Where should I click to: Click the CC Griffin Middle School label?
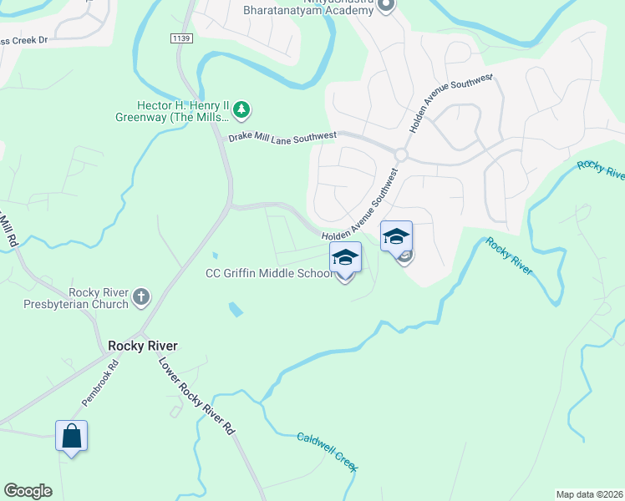(270, 274)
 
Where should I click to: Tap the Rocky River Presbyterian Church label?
(88, 298)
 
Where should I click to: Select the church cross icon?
(141, 296)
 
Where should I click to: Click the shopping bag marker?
(71, 436)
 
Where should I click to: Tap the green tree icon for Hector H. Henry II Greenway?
(241, 109)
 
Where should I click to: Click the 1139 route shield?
(180, 38)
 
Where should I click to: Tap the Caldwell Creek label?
(327, 452)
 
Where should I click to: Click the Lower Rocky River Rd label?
(196, 397)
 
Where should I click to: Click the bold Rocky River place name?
(143, 346)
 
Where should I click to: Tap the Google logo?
(28, 491)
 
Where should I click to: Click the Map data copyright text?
(589, 493)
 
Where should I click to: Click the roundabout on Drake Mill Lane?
(401, 155)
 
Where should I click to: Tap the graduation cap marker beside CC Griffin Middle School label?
(345, 258)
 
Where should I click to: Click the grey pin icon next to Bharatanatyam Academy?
(386, 6)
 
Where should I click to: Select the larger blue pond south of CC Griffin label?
(236, 311)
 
